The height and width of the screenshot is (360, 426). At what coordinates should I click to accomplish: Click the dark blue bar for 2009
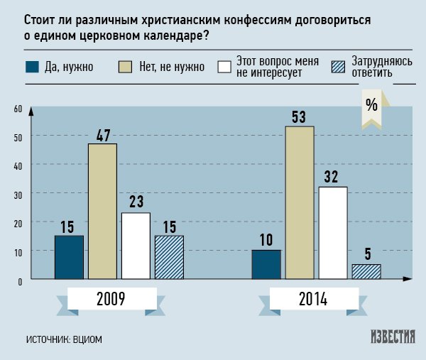(x=69, y=257)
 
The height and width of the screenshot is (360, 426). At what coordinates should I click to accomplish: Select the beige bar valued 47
(x=102, y=212)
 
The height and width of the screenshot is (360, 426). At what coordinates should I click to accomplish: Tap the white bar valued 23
(x=136, y=246)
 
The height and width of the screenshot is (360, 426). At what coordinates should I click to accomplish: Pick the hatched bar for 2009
(x=169, y=257)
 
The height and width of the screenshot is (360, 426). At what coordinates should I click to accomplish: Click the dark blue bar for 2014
(x=266, y=264)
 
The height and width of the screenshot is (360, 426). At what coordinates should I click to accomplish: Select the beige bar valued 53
(x=300, y=202)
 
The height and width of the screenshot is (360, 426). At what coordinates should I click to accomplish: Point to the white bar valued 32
(x=333, y=233)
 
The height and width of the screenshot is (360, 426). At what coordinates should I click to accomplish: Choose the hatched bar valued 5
(x=366, y=271)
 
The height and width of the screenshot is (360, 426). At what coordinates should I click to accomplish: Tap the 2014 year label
(x=312, y=300)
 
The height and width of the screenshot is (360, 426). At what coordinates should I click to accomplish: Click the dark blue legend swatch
(x=32, y=67)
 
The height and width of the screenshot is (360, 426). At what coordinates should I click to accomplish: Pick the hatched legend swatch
(x=339, y=67)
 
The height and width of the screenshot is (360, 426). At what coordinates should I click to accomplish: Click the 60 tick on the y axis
(x=18, y=109)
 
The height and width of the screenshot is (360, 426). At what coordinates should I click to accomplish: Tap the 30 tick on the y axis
(x=18, y=194)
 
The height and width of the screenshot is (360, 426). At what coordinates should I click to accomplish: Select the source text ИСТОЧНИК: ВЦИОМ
(x=64, y=339)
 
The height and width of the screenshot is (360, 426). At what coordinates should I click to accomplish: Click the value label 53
(x=299, y=116)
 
